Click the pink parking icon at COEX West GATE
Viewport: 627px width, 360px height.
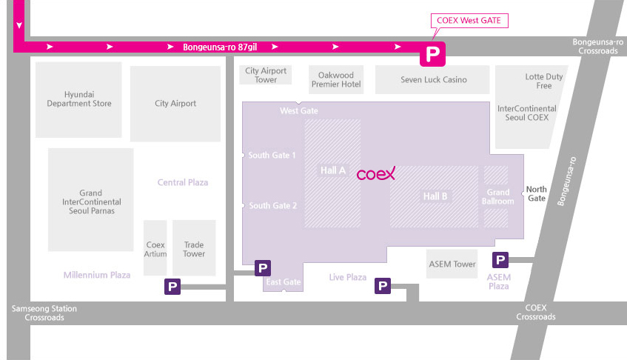[x=432, y=54]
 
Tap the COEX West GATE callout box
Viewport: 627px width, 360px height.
[x=469, y=21]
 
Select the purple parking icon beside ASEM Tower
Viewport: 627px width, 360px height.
[x=500, y=260]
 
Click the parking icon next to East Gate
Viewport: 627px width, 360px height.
[x=263, y=268]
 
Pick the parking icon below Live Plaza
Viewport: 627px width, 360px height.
[x=383, y=286]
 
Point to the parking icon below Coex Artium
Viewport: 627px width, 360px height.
[x=172, y=287]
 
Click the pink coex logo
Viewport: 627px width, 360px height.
[x=376, y=173]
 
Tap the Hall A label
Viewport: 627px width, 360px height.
[x=332, y=171]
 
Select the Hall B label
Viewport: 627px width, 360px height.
[x=435, y=196]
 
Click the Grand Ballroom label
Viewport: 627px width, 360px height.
[x=498, y=197]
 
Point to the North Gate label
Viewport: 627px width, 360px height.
[x=536, y=193]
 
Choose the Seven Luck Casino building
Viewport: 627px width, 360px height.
[x=432, y=79]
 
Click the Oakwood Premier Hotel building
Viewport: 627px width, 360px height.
[x=336, y=79]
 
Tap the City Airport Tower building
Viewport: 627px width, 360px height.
[x=266, y=75]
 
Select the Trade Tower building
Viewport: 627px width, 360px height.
[x=194, y=248]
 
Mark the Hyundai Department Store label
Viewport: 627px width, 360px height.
[x=79, y=99]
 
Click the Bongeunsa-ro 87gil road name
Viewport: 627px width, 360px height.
[x=220, y=47]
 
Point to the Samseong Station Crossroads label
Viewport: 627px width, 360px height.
[x=44, y=313]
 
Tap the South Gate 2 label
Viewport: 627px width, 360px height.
[x=272, y=206]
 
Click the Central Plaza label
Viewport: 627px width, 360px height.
[x=183, y=182]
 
